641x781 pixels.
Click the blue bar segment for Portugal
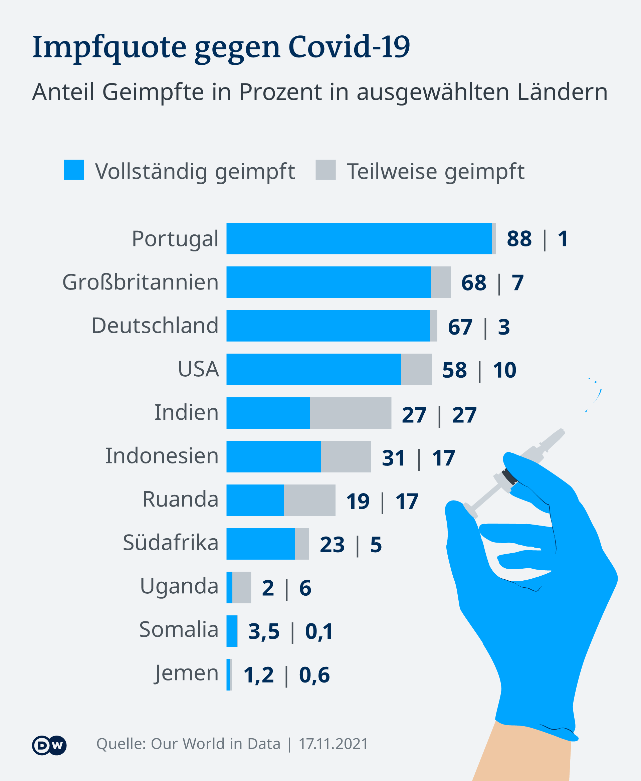pos(359,238)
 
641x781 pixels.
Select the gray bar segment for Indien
pos(351,413)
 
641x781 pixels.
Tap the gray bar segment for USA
pos(416,369)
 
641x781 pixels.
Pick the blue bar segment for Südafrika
pos(260,544)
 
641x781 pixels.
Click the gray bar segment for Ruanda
pos(309,501)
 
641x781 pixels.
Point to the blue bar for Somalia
pos(231,631)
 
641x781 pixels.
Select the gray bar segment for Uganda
pos(241,588)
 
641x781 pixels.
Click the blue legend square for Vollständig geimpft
pos(74,170)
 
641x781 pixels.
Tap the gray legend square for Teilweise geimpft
pos(325,170)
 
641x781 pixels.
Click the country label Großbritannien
pos(140,282)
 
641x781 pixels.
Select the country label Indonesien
pos(162,456)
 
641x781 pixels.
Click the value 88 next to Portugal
pos(519,239)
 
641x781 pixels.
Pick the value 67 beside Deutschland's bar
pos(460,327)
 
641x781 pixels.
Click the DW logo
pos(49,745)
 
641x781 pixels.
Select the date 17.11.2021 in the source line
pos(333,744)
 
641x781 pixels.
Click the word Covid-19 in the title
pos(349,47)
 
